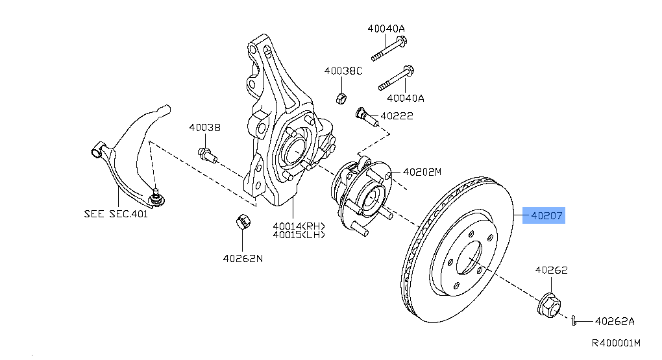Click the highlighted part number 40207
544,215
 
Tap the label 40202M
422,173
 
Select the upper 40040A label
386,29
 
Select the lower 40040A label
406,98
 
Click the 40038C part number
343,70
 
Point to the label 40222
397,116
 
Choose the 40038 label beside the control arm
205,128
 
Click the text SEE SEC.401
116,213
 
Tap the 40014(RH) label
298,226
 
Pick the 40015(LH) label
298,235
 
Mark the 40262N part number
243,258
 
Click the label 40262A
615,320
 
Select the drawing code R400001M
615,342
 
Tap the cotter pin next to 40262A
575,319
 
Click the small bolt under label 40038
206,154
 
